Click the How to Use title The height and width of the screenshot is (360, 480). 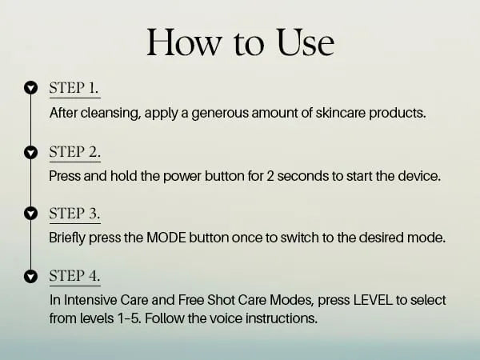click(240, 42)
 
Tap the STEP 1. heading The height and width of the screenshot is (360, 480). click(74, 88)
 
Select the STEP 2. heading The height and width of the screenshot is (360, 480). click(74, 152)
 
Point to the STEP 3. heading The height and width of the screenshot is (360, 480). click(74, 214)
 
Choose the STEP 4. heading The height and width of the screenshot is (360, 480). click(74, 275)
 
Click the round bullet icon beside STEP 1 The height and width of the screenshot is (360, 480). click(30, 88)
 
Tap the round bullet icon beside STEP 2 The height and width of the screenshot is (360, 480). click(30, 152)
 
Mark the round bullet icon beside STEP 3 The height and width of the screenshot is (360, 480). click(30, 214)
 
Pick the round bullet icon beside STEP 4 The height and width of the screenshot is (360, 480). click(30, 276)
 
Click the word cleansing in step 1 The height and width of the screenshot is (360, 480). click(110, 114)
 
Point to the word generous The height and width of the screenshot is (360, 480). click(220, 114)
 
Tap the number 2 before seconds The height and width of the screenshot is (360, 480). click(270, 176)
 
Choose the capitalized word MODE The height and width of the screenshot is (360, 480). click(166, 238)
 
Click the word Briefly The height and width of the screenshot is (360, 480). click(67, 238)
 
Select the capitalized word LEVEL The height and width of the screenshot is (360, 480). click(373, 300)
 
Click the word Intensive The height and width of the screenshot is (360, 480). click(90, 300)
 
